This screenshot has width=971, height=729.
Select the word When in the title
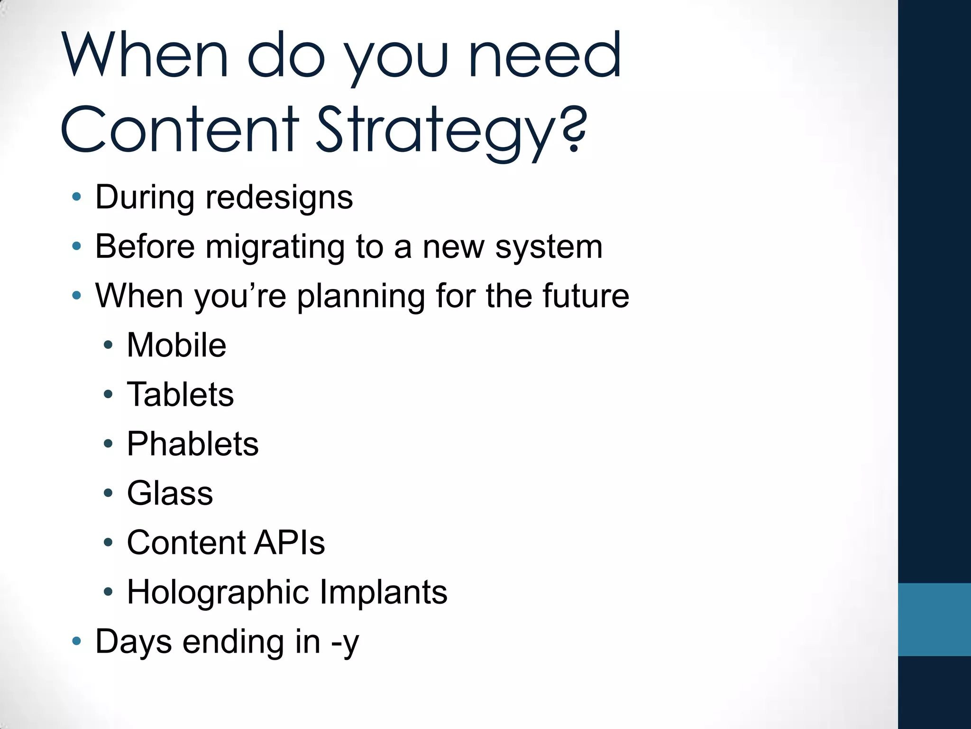pyautogui.click(x=145, y=56)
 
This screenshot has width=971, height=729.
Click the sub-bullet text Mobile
pyautogui.click(x=176, y=345)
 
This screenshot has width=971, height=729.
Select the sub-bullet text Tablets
pyautogui.click(x=180, y=394)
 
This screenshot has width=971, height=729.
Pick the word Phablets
pyautogui.click(x=192, y=444)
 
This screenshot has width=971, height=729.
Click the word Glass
pyautogui.click(x=170, y=493)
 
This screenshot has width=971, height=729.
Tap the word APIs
pyautogui.click(x=289, y=542)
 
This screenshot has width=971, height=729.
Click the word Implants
pyautogui.click(x=383, y=592)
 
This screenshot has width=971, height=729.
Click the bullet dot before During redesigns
pyautogui.click(x=76, y=196)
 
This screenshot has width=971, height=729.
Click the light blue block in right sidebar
pyautogui.click(x=934, y=619)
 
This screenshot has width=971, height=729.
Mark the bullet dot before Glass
pyautogui.click(x=108, y=493)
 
